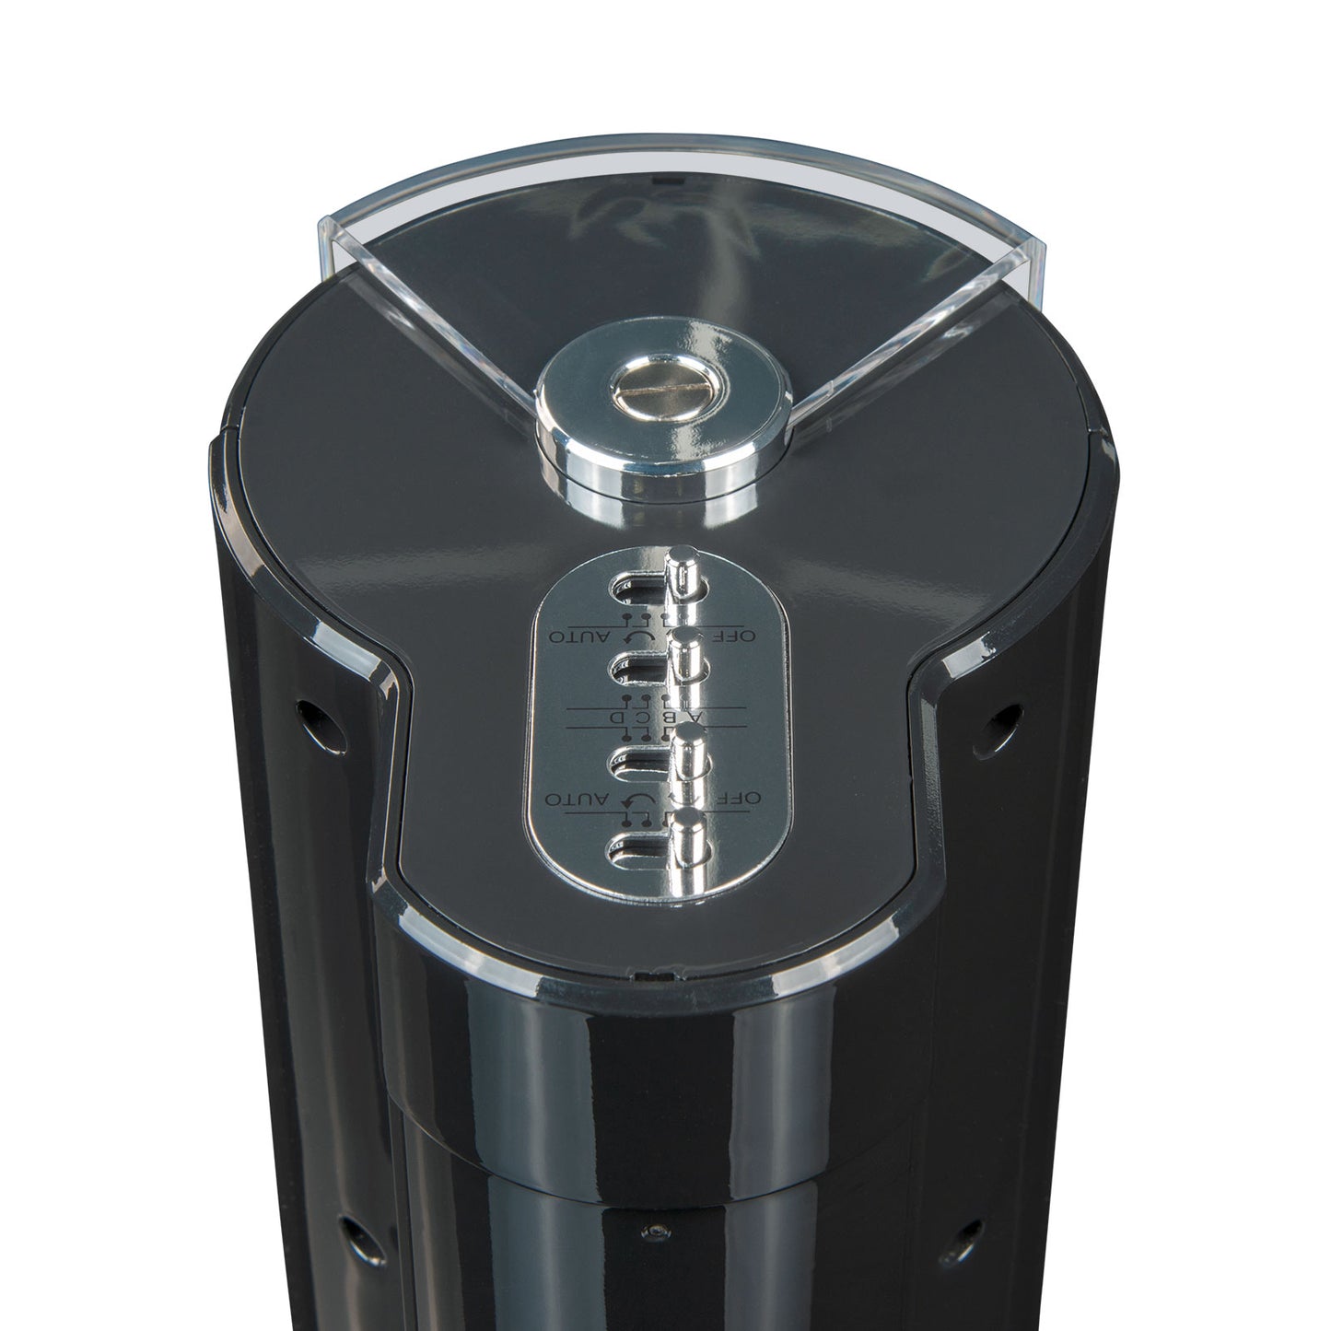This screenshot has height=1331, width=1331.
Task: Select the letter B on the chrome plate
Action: pos(674,717)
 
